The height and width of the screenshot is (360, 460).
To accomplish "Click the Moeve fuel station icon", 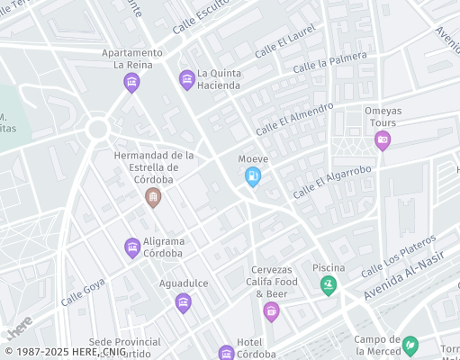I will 253,177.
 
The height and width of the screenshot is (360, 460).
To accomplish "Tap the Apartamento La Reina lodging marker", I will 131,83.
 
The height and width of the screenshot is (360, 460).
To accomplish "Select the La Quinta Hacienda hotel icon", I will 186,80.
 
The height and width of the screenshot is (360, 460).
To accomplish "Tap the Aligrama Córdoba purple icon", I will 132,247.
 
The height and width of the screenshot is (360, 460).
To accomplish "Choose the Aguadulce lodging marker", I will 183,302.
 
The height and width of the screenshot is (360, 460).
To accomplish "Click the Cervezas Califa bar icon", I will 271,311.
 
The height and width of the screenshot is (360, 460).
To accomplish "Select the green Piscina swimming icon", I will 329,285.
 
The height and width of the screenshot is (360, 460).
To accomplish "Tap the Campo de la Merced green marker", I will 410,345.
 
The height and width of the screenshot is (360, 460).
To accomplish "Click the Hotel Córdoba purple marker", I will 226,352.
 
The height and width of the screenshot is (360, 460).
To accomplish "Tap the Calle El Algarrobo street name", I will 332,182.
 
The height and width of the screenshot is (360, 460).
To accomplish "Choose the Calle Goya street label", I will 82,292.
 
